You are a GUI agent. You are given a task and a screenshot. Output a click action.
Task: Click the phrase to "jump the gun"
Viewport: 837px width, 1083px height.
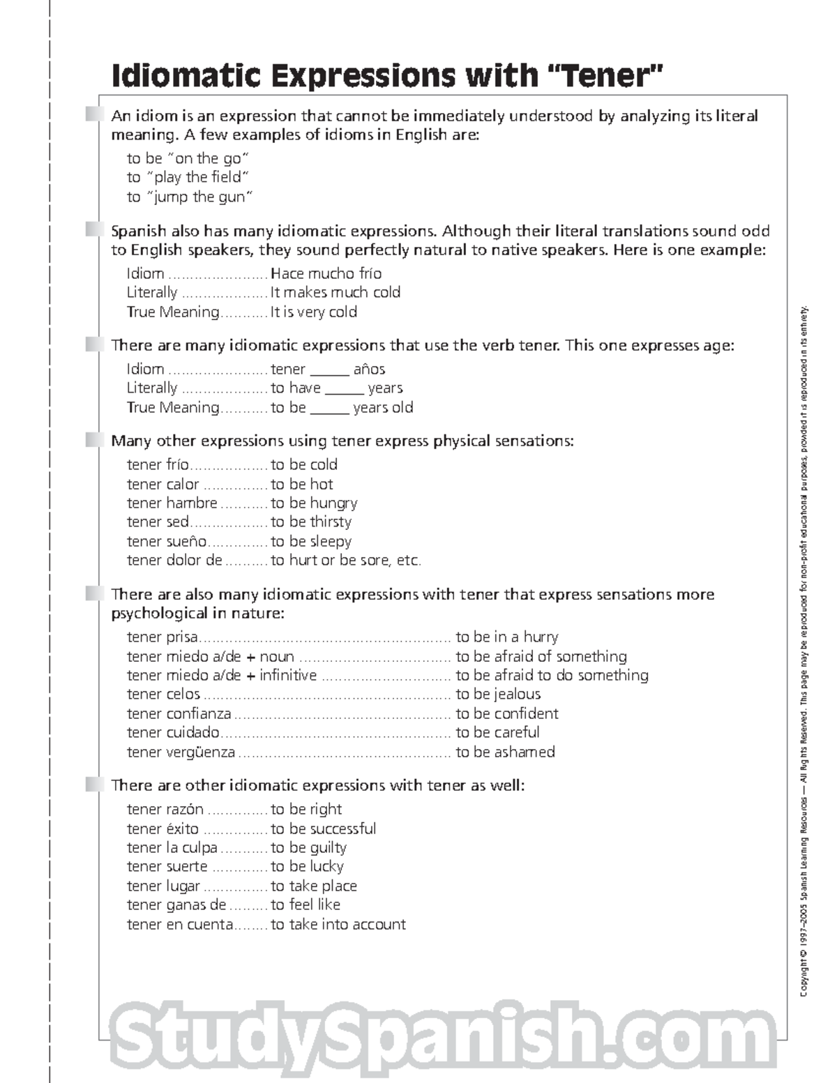point(190,197)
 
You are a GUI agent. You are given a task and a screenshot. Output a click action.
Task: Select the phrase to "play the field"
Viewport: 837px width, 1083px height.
point(188,178)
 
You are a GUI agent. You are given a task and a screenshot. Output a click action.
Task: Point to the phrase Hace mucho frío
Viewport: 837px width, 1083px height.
point(326,273)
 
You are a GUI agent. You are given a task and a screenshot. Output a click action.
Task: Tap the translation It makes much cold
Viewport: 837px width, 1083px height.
point(335,293)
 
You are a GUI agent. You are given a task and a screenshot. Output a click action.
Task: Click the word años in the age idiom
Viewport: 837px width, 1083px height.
point(369,370)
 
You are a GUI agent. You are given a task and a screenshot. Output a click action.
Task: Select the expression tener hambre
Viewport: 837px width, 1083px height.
point(172,503)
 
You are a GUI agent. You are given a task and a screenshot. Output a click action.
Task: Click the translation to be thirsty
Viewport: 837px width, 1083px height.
point(311,522)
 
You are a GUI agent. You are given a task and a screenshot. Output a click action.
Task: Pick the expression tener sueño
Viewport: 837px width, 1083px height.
point(167,542)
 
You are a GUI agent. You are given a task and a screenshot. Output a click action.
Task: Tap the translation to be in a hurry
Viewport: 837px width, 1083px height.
point(507,637)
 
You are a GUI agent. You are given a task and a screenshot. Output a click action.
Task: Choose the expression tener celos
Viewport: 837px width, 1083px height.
point(163,695)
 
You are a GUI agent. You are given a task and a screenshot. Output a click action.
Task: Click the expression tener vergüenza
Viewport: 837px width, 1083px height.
point(181,752)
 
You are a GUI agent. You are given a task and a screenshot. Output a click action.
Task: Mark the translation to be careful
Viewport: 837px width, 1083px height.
point(497,733)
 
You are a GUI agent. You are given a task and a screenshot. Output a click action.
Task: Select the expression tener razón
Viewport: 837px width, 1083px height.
point(165,810)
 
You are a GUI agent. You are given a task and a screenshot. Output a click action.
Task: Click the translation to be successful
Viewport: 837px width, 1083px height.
point(323,829)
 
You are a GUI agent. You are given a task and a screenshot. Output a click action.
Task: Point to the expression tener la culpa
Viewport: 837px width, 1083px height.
point(172,848)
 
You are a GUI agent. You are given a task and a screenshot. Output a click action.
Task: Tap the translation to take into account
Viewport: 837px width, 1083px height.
point(338,925)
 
